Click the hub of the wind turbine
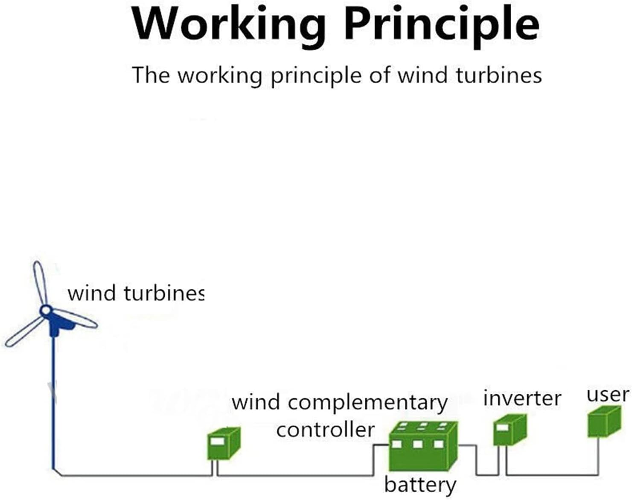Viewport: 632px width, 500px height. pyautogui.click(x=45, y=310)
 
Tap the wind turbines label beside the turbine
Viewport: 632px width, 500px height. pyautogui.click(x=136, y=294)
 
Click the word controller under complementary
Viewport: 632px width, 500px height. pyautogui.click(x=325, y=430)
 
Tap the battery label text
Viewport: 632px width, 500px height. pyautogui.click(x=420, y=485)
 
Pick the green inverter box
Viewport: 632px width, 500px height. pyautogui.click(x=510, y=430)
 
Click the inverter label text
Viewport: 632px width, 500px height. pyautogui.click(x=522, y=398)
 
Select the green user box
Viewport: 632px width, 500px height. pyautogui.click(x=604, y=422)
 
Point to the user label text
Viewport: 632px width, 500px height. pyautogui.click(x=608, y=395)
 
